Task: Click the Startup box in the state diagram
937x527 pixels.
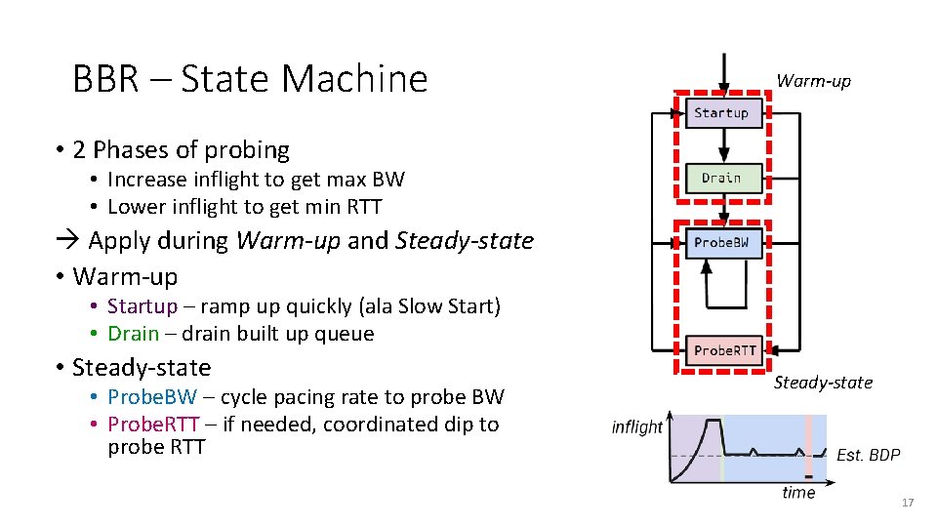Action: [x=721, y=113]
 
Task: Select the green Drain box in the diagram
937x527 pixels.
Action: [x=721, y=178]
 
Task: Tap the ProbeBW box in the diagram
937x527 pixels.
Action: [x=721, y=242]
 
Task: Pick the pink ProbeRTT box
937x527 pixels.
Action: [x=724, y=350]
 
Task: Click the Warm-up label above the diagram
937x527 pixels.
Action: [x=813, y=81]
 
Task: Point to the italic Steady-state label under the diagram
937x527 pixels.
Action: [x=823, y=383]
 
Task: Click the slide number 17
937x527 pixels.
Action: [x=908, y=503]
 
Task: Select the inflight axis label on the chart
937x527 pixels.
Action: [x=636, y=427]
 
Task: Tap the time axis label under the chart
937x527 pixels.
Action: [x=797, y=493]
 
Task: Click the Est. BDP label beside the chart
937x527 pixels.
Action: [x=868, y=455]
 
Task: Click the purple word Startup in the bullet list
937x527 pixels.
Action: [x=143, y=306]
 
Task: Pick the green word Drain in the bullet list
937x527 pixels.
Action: [x=133, y=334]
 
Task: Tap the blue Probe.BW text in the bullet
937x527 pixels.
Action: [x=151, y=397]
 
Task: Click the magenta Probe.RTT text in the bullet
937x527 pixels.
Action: [x=153, y=425]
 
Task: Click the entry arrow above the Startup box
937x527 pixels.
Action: [x=722, y=73]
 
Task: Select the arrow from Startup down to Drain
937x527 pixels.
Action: [x=722, y=143]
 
